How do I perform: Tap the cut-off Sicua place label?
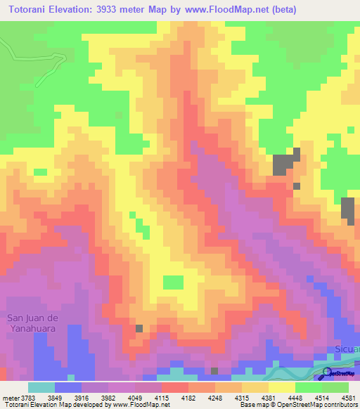(347, 349)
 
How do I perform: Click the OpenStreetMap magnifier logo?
(327, 373)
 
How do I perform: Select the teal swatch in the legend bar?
(41, 387)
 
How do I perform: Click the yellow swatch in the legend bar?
(282, 387)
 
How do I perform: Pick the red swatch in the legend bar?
(174, 387)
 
